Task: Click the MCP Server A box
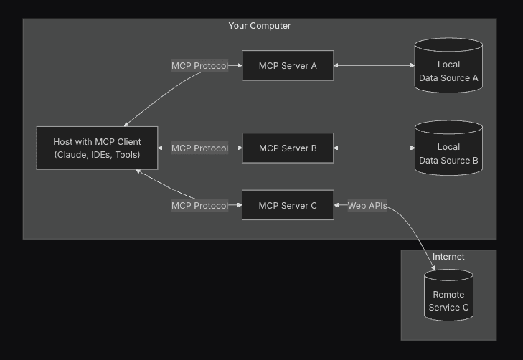point(288,66)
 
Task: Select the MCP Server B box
point(288,148)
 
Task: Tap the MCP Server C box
point(288,206)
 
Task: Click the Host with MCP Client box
point(97,148)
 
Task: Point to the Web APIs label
point(367,206)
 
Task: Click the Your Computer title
point(260,26)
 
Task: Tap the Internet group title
point(448,257)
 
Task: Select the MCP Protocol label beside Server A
point(199,66)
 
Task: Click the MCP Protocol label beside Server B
point(199,148)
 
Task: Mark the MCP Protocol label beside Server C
point(199,206)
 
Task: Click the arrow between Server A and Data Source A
point(374,66)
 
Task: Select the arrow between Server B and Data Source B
point(374,148)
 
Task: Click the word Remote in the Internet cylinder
point(448,295)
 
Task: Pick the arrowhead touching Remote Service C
point(433,268)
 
